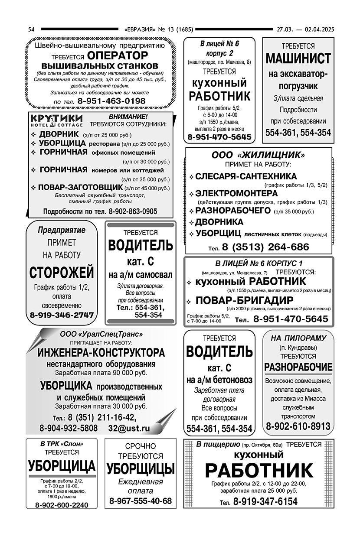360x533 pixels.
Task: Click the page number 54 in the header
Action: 31,29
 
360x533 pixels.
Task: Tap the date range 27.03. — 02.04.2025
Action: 305,29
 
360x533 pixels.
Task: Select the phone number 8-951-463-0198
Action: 112,101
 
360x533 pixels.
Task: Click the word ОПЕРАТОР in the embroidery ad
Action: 117,55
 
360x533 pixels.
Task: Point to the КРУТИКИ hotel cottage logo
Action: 56,120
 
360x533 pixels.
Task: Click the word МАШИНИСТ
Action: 298,58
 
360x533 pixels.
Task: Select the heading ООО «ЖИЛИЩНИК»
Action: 258,155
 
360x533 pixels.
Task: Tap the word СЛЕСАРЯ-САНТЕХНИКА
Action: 246,176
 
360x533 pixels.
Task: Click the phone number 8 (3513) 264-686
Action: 265,247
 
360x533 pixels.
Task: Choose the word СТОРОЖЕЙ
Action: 62,273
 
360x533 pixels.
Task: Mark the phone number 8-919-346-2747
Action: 62,315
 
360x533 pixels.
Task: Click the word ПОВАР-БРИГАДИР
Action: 245,300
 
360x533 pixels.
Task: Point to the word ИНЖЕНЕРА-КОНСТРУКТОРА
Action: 101,352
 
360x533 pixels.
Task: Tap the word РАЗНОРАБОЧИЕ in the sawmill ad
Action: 298,367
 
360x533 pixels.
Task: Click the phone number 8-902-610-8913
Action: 298,426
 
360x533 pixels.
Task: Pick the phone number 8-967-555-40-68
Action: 141,501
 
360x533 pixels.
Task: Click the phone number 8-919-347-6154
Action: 265,502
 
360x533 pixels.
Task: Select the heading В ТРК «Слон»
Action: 62,444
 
